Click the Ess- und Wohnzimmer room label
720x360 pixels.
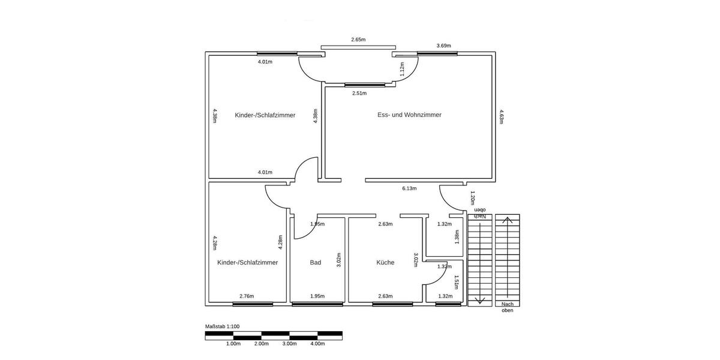(409, 115)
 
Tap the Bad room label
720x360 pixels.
(316, 262)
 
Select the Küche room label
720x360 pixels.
(385, 262)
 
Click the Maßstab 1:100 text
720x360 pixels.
(223, 326)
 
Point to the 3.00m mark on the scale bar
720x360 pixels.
(289, 344)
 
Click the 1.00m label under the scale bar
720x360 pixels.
(233, 344)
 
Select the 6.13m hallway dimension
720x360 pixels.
(409, 188)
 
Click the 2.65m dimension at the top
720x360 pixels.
(358, 40)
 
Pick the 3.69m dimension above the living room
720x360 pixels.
(443, 46)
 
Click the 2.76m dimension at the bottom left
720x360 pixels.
(247, 296)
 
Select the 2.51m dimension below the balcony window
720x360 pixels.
(360, 93)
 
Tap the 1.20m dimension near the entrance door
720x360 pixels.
(472, 197)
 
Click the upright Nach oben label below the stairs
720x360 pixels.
(507, 307)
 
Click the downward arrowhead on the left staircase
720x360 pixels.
(479, 300)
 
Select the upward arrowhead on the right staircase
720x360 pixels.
(508, 220)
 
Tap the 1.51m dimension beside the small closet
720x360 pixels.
(457, 282)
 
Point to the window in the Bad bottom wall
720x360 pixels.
(317, 304)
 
